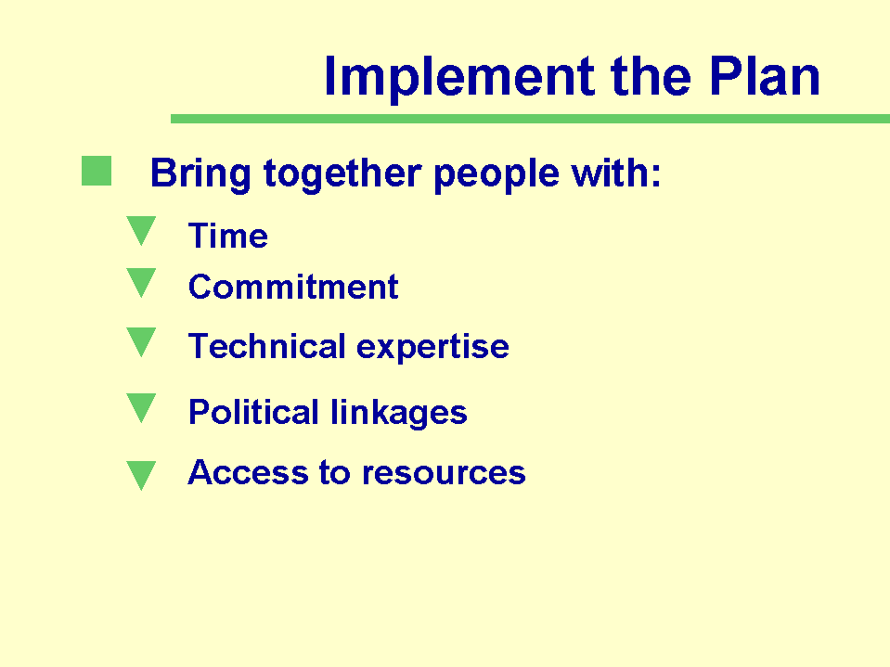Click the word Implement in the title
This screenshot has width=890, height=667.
click(x=459, y=78)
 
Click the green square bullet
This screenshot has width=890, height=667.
click(x=97, y=171)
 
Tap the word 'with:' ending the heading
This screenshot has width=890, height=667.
click(x=616, y=173)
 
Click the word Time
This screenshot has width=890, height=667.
click(x=228, y=236)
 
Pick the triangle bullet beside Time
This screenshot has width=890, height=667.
click(x=141, y=230)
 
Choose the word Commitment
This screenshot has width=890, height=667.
click(x=293, y=287)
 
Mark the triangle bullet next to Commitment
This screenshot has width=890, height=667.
click(x=141, y=282)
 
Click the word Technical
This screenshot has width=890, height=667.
click(x=266, y=346)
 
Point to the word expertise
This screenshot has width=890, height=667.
click(x=433, y=347)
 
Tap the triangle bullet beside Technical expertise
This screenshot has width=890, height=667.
click(x=141, y=342)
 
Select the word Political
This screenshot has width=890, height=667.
click(x=253, y=412)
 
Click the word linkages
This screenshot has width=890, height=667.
click(x=399, y=413)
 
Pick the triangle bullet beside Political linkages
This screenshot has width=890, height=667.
click(x=141, y=408)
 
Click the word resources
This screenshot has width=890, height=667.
click(x=444, y=474)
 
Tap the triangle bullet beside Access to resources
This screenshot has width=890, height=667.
click(x=141, y=475)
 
